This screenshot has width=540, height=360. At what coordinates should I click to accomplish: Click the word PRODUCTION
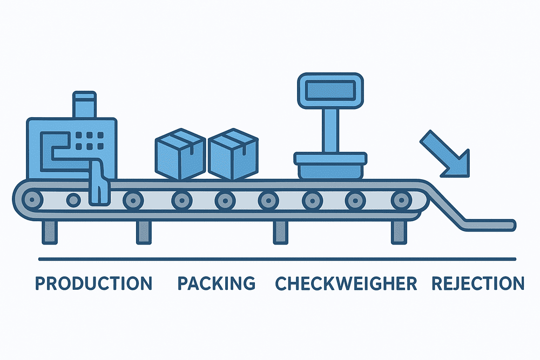(93, 283)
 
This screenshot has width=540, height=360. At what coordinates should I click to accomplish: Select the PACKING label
(216, 283)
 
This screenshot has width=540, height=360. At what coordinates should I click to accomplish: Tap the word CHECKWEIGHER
(346, 283)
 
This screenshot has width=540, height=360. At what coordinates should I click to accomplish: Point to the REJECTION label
(478, 283)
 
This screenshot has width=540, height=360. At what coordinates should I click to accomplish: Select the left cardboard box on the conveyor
(180, 154)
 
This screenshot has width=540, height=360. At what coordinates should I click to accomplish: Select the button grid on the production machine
(86, 140)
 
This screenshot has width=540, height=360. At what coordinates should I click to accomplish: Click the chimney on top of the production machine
(85, 106)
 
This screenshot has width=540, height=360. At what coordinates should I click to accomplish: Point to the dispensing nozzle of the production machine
(99, 186)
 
